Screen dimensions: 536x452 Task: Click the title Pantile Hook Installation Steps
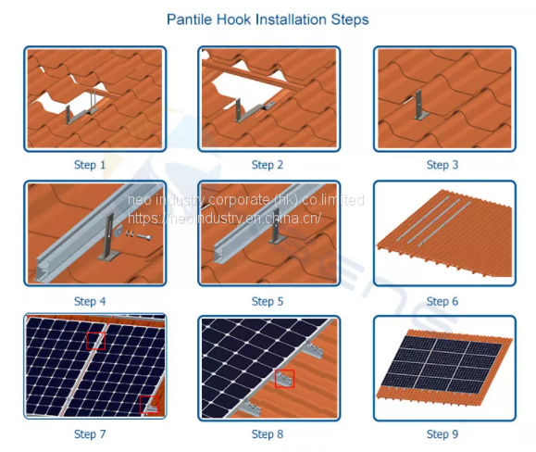[268, 19]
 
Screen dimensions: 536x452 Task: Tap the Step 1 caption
[90, 165]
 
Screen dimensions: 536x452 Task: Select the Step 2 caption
[268, 165]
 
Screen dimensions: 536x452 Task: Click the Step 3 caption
[443, 165]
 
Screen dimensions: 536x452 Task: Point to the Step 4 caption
[90, 301]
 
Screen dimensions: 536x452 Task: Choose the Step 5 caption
[268, 301]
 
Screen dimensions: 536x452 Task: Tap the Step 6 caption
[443, 301]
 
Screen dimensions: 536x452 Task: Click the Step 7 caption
[90, 434]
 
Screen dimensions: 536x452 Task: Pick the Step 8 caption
[268, 434]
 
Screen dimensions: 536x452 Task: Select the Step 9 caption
[443, 434]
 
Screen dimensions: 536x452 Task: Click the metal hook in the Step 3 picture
[420, 106]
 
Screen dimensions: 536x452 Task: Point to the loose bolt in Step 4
[143, 236]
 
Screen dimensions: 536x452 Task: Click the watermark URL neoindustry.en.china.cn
[224, 218]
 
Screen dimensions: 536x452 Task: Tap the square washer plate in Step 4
[118, 231]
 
